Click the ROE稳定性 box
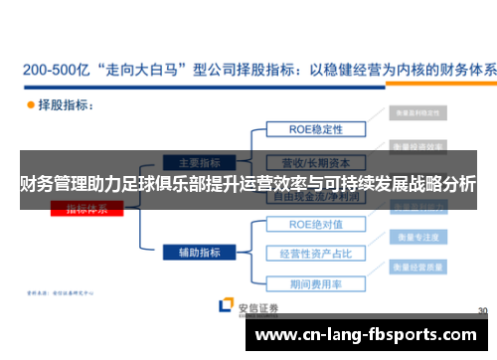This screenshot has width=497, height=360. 316,128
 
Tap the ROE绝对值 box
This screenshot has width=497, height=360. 316,225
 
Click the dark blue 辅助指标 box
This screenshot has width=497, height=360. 199,253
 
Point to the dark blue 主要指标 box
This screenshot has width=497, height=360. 199,162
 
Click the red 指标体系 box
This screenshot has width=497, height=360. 94,209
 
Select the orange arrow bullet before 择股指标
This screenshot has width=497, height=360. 30,104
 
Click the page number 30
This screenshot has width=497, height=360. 482,311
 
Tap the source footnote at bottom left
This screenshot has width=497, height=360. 60,293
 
